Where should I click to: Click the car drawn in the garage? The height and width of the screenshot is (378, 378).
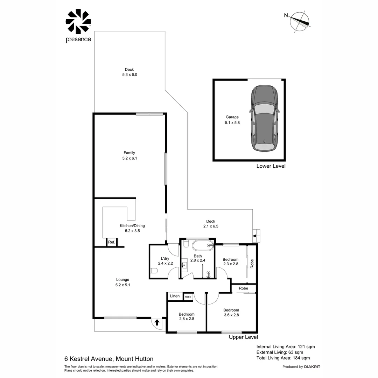(265, 119)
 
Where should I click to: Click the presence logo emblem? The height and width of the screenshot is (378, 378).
(78, 21)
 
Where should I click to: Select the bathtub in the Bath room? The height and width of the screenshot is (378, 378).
(198, 245)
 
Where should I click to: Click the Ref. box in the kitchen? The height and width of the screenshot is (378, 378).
(112, 242)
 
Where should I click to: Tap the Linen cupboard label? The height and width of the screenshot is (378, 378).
(175, 296)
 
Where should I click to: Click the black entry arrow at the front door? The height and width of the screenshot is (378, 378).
(157, 322)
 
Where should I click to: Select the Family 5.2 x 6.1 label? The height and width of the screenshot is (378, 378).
(129, 155)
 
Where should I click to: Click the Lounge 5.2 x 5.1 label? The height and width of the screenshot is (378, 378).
(122, 282)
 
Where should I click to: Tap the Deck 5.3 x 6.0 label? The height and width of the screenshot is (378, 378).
(129, 72)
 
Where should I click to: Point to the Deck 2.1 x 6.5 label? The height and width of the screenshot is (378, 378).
(211, 224)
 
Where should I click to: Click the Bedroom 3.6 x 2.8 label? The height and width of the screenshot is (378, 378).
(231, 313)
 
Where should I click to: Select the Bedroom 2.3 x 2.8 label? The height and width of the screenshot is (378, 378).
(231, 262)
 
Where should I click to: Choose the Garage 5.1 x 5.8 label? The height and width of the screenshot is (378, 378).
(232, 120)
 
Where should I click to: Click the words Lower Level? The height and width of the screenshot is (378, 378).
(271, 166)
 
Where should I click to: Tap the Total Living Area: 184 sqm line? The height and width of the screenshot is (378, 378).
(283, 358)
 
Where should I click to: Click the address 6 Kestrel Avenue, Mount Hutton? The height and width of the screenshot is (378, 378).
(109, 359)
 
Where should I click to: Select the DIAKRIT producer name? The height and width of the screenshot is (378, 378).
(312, 367)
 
